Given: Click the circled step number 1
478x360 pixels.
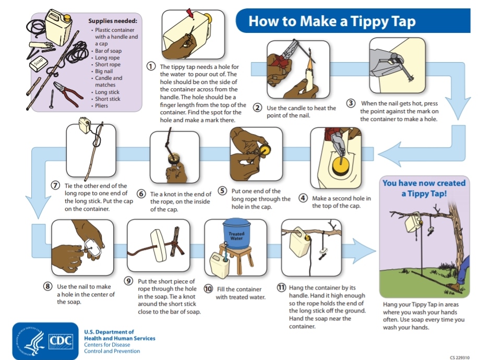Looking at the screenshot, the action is click(151, 66).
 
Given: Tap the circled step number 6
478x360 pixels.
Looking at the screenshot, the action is click(141, 194).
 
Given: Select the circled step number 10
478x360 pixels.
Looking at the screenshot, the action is click(208, 289).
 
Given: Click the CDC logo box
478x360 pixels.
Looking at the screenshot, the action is click(61, 341).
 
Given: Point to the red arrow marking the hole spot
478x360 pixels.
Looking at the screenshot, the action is click(190, 14).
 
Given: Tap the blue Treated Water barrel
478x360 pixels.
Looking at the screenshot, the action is click(236, 232).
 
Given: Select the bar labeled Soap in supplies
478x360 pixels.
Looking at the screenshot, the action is click(39, 64).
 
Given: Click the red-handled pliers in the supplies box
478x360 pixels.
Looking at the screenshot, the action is click(68, 91).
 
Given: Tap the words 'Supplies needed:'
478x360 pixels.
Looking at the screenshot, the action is click(113, 21).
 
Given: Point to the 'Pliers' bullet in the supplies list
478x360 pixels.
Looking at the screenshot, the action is click(101, 105).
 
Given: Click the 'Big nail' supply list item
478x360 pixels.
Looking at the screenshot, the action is click(104, 71).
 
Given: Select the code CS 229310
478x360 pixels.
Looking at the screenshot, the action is click(460, 357).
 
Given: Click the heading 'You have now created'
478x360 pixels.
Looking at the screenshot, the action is click(424, 183).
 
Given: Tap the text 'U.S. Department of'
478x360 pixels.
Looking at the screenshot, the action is click(109, 332).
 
